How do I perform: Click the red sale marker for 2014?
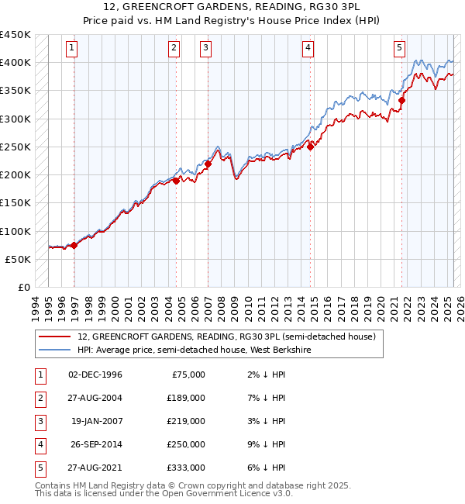pos(310,147)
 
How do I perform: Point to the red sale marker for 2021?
pos(401,100)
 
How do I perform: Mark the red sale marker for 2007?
pos(208,164)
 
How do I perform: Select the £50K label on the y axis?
pos(19,259)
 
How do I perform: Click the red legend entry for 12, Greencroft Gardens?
pos(226,337)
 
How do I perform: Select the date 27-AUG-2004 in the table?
pos(95,399)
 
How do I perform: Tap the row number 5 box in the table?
pos(40,468)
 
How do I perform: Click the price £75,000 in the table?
pos(189,375)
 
